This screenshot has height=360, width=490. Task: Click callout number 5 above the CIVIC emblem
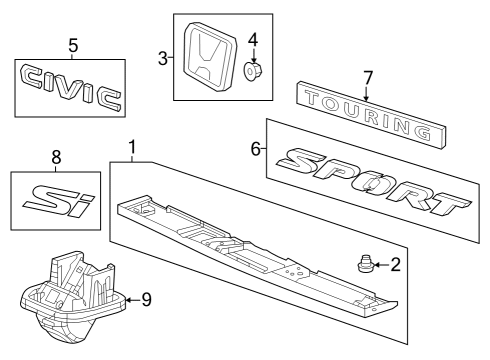(x=73, y=46)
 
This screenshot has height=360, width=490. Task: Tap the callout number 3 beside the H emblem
(x=163, y=59)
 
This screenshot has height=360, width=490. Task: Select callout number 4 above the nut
(x=253, y=40)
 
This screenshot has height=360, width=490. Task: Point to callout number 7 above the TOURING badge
(x=367, y=78)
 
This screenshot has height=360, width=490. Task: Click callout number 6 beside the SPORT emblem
(x=255, y=149)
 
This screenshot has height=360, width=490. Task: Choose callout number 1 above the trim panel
(x=132, y=147)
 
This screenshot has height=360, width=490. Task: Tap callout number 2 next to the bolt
(x=395, y=265)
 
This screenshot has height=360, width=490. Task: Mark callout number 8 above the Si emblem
(x=56, y=157)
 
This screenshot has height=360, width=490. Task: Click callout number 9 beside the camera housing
(x=147, y=300)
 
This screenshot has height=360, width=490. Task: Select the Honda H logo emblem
(x=210, y=57)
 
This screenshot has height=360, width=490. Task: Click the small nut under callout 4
(x=253, y=71)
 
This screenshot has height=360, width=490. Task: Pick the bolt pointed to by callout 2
(x=365, y=263)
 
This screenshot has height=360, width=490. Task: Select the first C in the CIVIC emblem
(x=31, y=77)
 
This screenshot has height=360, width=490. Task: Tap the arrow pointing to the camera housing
(x=133, y=300)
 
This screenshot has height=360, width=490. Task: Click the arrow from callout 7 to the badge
(x=366, y=93)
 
